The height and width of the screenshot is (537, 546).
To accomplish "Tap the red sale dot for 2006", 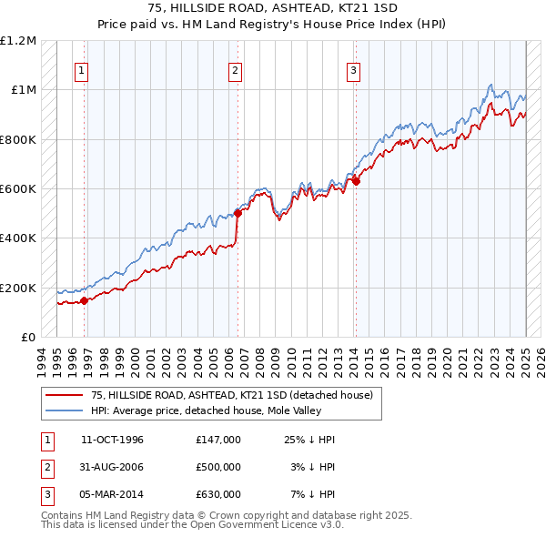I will click(x=238, y=213).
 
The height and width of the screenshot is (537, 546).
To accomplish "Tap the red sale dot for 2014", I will click(x=356, y=181).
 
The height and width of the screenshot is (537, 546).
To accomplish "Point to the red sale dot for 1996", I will click(x=85, y=300).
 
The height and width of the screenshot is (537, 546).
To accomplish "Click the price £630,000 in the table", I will click(x=218, y=494).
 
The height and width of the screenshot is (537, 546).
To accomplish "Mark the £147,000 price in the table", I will click(x=218, y=440).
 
